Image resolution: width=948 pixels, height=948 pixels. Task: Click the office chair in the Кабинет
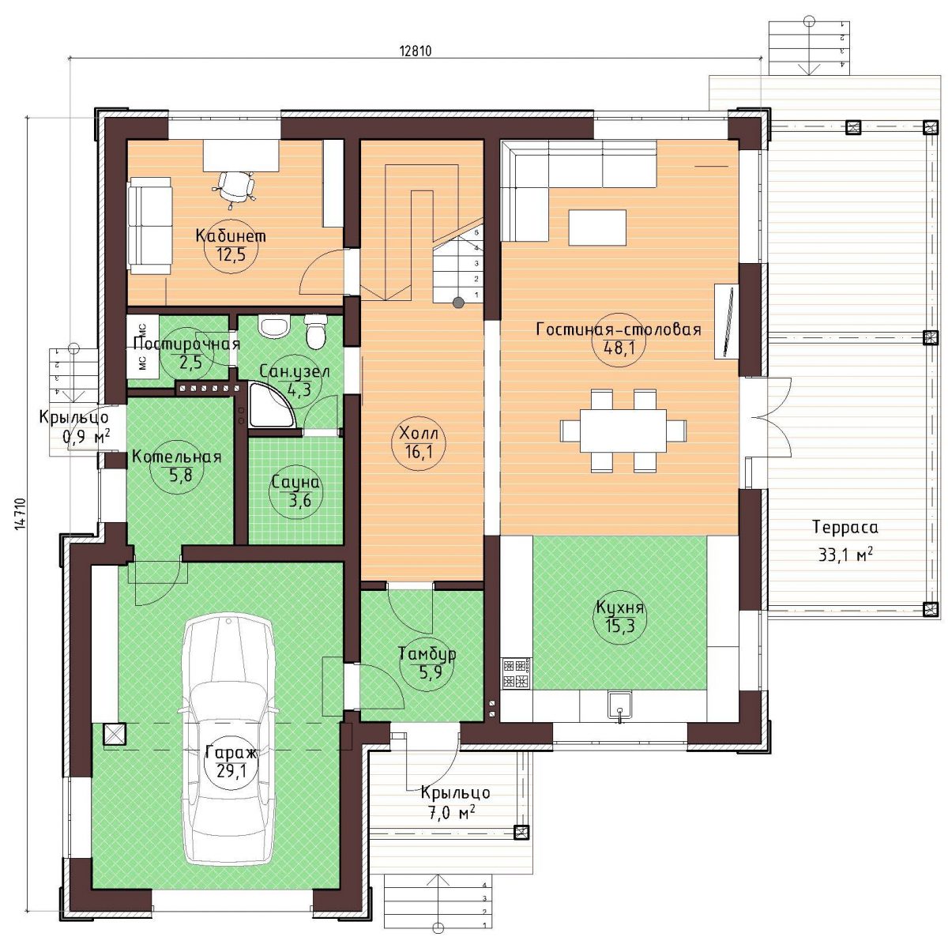235,186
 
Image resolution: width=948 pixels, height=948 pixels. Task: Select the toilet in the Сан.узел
315,329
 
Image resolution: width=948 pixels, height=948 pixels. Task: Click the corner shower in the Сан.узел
272,406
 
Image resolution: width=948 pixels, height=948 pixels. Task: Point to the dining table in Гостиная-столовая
623,431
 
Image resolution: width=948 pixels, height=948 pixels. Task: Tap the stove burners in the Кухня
515,674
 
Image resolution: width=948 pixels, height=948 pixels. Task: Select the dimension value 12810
416,51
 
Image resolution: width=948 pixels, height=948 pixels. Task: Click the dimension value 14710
21,514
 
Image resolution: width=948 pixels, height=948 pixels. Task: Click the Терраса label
845,528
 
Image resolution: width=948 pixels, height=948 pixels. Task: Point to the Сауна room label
295,482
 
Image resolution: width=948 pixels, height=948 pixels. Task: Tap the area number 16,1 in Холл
419,451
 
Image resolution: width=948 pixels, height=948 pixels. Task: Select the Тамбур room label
427,654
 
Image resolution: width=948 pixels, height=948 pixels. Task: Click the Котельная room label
177,457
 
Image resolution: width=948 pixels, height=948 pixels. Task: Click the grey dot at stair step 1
458,303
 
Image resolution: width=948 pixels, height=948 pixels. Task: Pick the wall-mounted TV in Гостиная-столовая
727,322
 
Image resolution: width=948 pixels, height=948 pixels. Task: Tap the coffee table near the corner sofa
597,228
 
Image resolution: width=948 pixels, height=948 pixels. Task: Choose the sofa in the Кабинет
150,225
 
